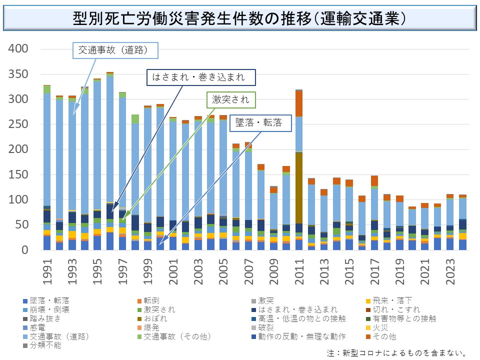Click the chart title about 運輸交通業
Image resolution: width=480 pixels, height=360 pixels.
coord(239,18)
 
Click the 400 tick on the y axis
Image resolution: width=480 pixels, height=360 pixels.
coord(18,49)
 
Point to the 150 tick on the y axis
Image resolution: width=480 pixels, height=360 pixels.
coord(18,174)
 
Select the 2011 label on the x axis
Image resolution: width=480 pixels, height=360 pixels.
coord(299,272)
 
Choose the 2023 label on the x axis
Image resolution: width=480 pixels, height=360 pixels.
coord(450,272)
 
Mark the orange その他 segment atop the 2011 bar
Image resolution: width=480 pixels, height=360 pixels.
coord(299,103)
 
